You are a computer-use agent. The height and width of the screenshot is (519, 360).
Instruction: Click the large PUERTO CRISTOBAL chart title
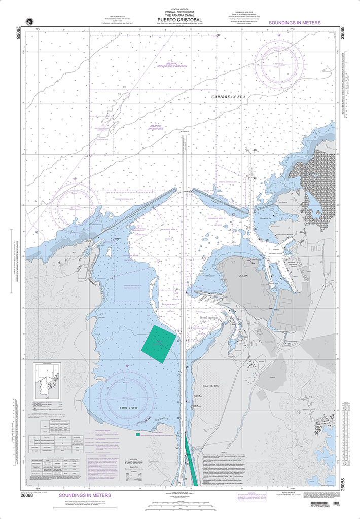[x=179, y=20]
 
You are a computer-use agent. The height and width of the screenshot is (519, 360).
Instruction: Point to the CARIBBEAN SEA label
[x=228, y=96]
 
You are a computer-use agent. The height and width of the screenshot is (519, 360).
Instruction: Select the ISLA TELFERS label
[x=207, y=386]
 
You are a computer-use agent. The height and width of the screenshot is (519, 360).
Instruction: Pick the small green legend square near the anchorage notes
[x=137, y=434]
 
